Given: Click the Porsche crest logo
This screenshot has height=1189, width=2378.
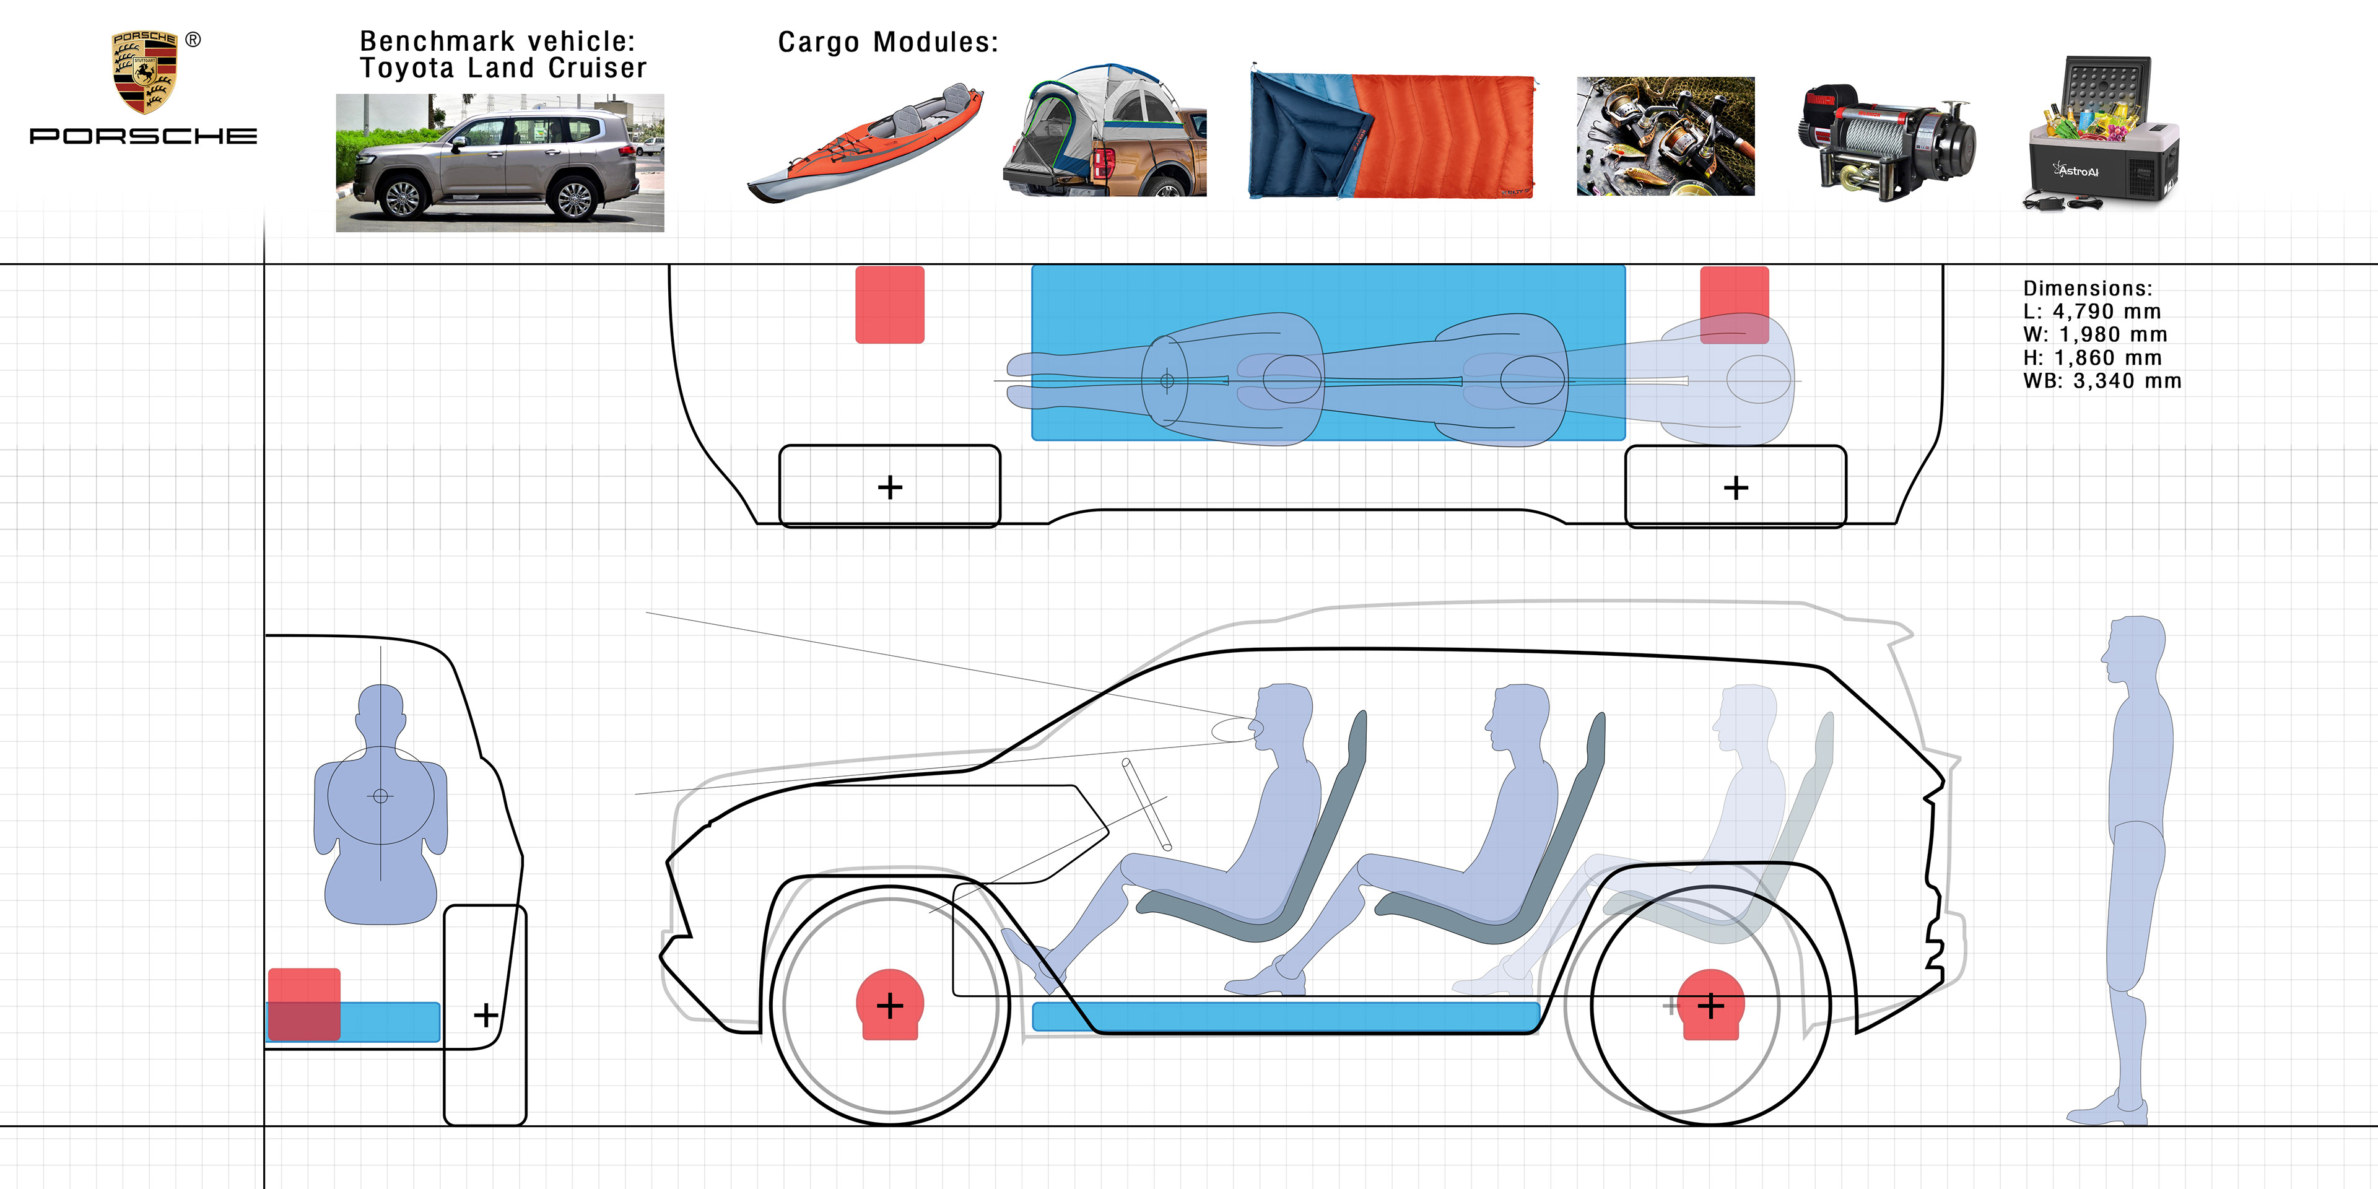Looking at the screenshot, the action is [144, 72].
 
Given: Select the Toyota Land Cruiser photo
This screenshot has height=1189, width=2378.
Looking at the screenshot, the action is [499, 162].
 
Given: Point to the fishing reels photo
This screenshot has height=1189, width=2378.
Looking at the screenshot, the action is [1665, 136].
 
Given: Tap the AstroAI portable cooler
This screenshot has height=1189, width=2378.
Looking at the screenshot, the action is [2102, 134].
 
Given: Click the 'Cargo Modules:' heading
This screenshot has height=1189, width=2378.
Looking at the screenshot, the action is [887, 43].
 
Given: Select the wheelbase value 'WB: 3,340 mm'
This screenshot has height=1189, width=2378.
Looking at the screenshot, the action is [2102, 381].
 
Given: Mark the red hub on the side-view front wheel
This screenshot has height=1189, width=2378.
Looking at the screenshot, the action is [890, 1004].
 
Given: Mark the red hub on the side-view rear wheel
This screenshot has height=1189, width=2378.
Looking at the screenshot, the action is [1710, 1004].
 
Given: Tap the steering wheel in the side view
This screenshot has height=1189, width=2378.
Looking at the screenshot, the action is [1146, 804].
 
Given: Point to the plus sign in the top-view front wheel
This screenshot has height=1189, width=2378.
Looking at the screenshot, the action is [890, 487].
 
